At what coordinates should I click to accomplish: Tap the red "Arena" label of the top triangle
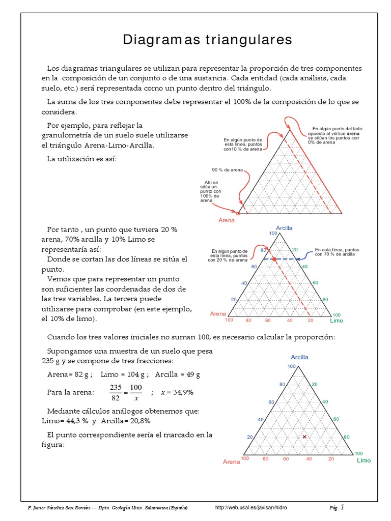[227, 220]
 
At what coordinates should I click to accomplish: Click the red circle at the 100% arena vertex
[238, 214]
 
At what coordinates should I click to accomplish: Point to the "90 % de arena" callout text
[228, 169]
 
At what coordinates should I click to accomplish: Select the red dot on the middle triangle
[274, 259]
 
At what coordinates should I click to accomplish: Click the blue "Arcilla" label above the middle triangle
[285, 228]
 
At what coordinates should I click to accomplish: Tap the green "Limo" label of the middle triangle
[337, 321]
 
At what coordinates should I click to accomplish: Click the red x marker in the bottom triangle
[304, 437]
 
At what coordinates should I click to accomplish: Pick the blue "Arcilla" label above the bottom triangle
[299, 357]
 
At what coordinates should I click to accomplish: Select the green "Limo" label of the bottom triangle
[364, 460]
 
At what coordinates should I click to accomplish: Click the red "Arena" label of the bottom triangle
[231, 462]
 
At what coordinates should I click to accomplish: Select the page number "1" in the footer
[342, 507]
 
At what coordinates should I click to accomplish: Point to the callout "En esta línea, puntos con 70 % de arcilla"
[334, 252]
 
